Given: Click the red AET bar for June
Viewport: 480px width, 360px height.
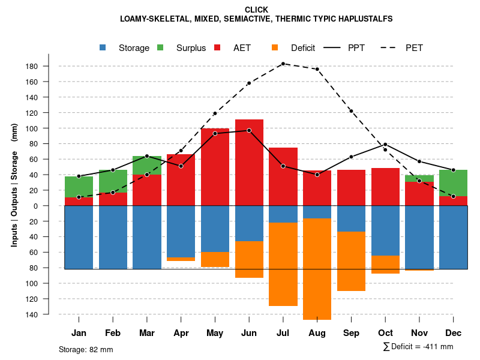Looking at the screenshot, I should coord(249,162).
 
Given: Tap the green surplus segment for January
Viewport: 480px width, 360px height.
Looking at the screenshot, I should coord(79,187).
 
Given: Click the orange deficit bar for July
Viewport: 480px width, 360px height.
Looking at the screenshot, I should coord(283,264).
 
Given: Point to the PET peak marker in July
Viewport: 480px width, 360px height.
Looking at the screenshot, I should coord(283,63).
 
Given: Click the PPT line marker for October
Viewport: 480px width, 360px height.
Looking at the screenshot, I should coord(385,145).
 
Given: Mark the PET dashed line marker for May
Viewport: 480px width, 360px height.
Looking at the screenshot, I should coord(215,113).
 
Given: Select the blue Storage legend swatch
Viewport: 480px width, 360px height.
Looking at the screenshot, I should coord(103,48).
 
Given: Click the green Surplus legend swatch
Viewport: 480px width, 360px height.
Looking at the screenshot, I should coord(160,48).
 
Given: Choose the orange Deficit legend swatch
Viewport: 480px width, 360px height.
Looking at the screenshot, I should coord(275,48).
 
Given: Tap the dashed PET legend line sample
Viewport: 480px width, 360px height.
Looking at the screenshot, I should coord(391,48).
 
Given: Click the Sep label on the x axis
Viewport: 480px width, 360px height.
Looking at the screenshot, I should coord(352,333).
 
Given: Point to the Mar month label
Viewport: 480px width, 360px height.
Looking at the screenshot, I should coord(147,333).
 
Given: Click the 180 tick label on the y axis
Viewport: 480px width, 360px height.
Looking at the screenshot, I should coord(33,66).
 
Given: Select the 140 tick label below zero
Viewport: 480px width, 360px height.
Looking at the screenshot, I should coord(33,314).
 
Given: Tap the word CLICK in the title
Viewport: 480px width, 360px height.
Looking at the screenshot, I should coord(256,10).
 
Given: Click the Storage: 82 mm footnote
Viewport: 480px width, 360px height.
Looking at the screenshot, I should coord(86,349).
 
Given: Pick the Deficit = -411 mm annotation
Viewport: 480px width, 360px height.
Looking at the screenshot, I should coord(418,347).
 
